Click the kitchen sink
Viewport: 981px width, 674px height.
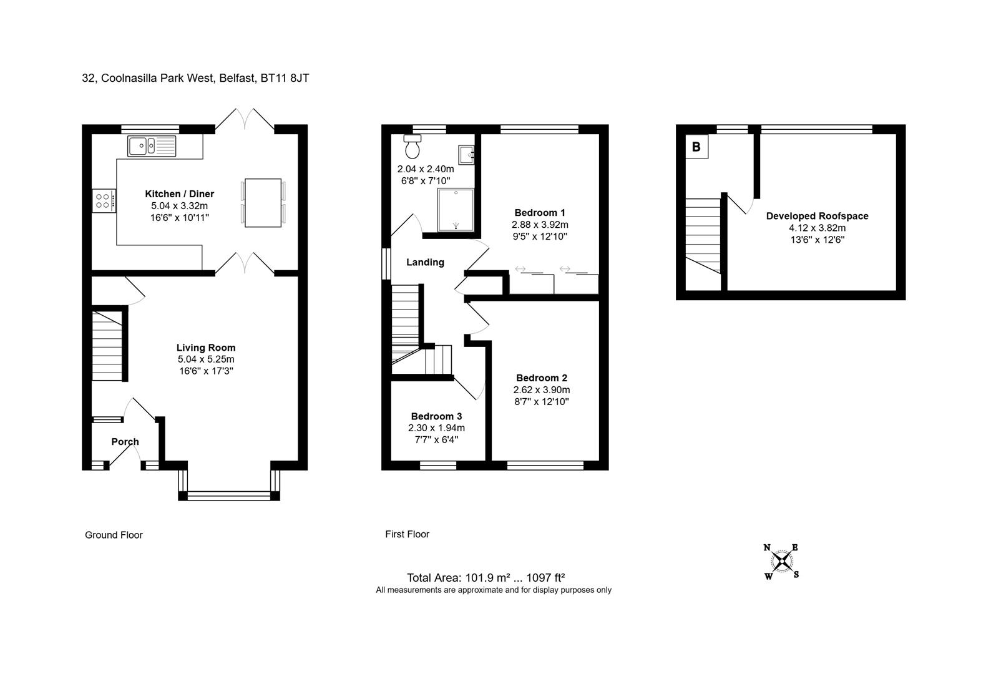(x=152, y=146)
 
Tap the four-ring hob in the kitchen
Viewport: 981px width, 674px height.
(x=104, y=201)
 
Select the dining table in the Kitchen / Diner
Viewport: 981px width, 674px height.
(x=263, y=203)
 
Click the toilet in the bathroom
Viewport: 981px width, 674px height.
(x=412, y=146)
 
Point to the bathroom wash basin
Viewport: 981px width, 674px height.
(x=466, y=155)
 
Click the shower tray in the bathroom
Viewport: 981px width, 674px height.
(x=456, y=210)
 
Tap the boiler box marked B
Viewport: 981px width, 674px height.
(x=696, y=147)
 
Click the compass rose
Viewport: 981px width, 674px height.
(x=782, y=561)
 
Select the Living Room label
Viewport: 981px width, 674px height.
(x=206, y=348)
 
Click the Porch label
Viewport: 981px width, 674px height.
(x=125, y=441)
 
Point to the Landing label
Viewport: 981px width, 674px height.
(x=425, y=262)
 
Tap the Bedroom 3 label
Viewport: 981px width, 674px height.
(x=436, y=416)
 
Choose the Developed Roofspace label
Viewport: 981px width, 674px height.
(x=817, y=216)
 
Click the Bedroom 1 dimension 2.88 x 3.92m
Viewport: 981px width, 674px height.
(x=540, y=225)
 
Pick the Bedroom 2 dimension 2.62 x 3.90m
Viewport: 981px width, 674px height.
(x=542, y=390)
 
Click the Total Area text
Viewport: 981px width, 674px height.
(x=486, y=578)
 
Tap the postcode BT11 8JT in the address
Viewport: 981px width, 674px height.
(x=285, y=78)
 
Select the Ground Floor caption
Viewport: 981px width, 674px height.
(x=114, y=535)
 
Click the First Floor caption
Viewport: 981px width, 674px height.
(x=408, y=534)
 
